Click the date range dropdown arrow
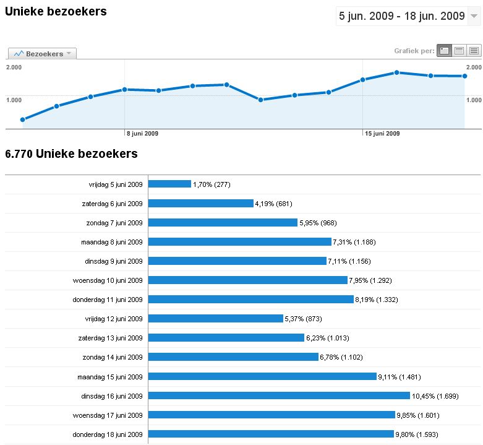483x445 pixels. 474,16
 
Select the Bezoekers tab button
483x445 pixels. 42,54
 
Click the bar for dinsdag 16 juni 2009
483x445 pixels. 279,395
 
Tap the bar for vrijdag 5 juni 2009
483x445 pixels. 170,184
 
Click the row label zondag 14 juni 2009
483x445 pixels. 113,357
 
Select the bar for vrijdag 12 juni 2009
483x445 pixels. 216,319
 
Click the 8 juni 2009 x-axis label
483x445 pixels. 142,133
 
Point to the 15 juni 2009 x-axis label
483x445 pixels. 382,133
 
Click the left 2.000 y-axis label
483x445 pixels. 14,67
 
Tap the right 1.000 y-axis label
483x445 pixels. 474,100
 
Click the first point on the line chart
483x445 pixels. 23,119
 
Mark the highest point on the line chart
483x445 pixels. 396,72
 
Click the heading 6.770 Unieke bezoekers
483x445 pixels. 71,153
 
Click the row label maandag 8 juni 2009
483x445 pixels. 112,242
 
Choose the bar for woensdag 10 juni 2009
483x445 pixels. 248,280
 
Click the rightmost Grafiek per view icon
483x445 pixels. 474,51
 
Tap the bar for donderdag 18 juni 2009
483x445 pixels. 271,434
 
